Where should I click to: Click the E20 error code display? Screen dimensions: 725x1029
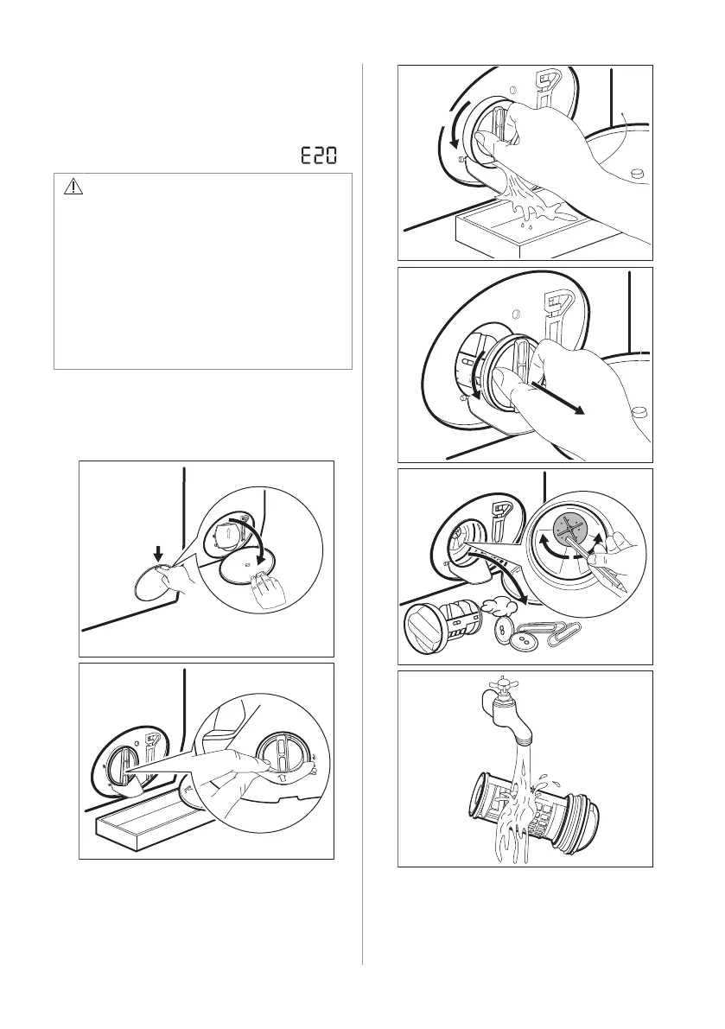click(x=319, y=156)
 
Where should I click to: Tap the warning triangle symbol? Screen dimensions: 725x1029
click(x=73, y=187)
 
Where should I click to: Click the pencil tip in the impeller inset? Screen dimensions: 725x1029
click(x=624, y=588)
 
